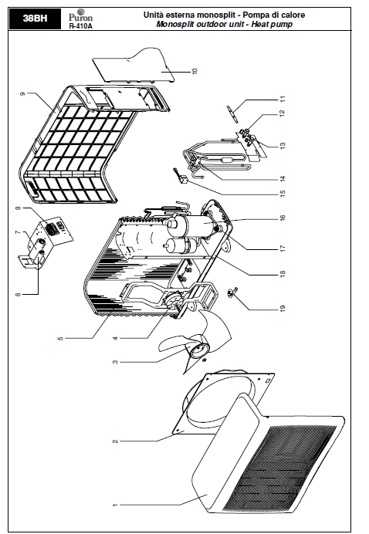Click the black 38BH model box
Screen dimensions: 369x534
pos(35,19)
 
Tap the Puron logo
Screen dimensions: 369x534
pos(80,15)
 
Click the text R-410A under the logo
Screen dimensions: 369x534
pos(80,26)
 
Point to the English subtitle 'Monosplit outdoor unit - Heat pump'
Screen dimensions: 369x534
pos(224,24)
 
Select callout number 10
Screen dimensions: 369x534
pos(195,71)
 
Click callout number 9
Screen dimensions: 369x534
pos(23,93)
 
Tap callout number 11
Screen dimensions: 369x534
pos(282,100)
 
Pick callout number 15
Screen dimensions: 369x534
pos(282,193)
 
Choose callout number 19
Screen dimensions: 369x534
pos(282,309)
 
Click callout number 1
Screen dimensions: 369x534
pos(115,505)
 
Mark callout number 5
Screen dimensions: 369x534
pos(60,338)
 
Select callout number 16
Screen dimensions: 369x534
pos(282,218)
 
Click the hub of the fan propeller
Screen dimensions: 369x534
pos(198,350)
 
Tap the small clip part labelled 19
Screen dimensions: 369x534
pos(232,292)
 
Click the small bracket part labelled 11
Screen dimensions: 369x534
pos(232,113)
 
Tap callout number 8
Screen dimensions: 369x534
pos(18,208)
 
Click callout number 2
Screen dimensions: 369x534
pos(115,441)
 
